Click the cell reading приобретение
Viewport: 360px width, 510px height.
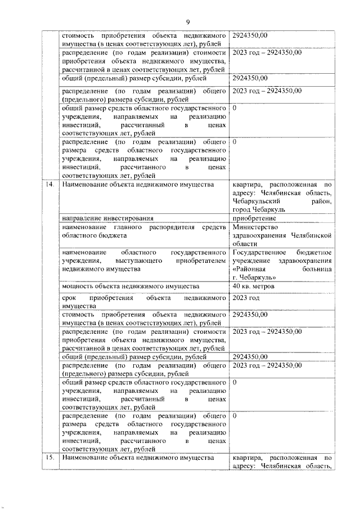pos(254,218)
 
